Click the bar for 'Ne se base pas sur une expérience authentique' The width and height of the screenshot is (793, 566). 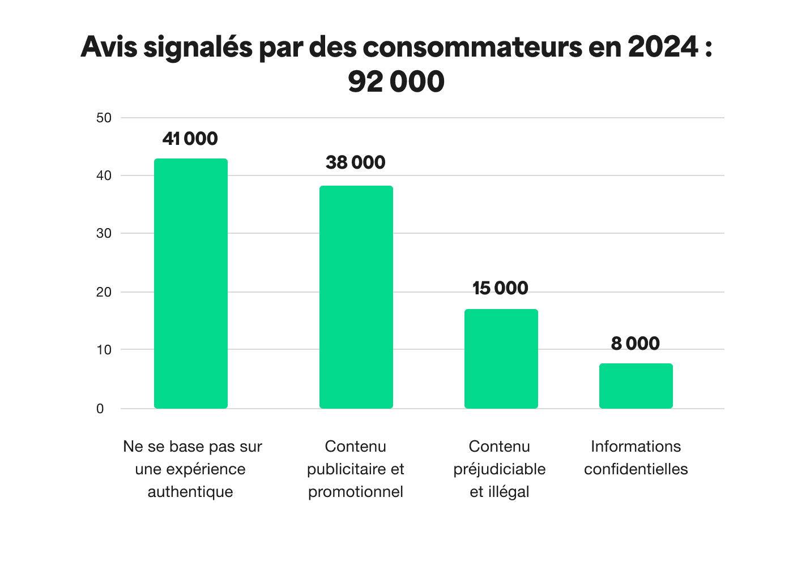(x=191, y=283)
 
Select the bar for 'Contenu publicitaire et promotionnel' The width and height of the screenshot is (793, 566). (x=356, y=297)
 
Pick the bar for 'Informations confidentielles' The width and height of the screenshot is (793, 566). (x=636, y=385)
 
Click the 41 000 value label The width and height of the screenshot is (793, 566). (x=190, y=139)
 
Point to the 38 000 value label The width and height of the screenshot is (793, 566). (x=355, y=162)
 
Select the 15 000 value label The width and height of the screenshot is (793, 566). (x=500, y=288)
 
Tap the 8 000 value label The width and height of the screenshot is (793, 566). (x=635, y=344)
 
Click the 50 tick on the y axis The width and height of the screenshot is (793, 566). (x=104, y=118)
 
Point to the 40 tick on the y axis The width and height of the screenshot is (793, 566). (x=104, y=176)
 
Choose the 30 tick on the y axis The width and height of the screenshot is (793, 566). (x=104, y=234)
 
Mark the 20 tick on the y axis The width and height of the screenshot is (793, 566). (x=104, y=293)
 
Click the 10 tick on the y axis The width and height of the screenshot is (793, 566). (x=104, y=350)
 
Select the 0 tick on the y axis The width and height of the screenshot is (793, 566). (x=100, y=409)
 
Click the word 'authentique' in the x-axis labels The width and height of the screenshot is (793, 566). (x=190, y=492)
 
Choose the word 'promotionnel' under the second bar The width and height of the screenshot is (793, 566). (x=355, y=492)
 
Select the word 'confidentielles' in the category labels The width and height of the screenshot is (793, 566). (x=636, y=469)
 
